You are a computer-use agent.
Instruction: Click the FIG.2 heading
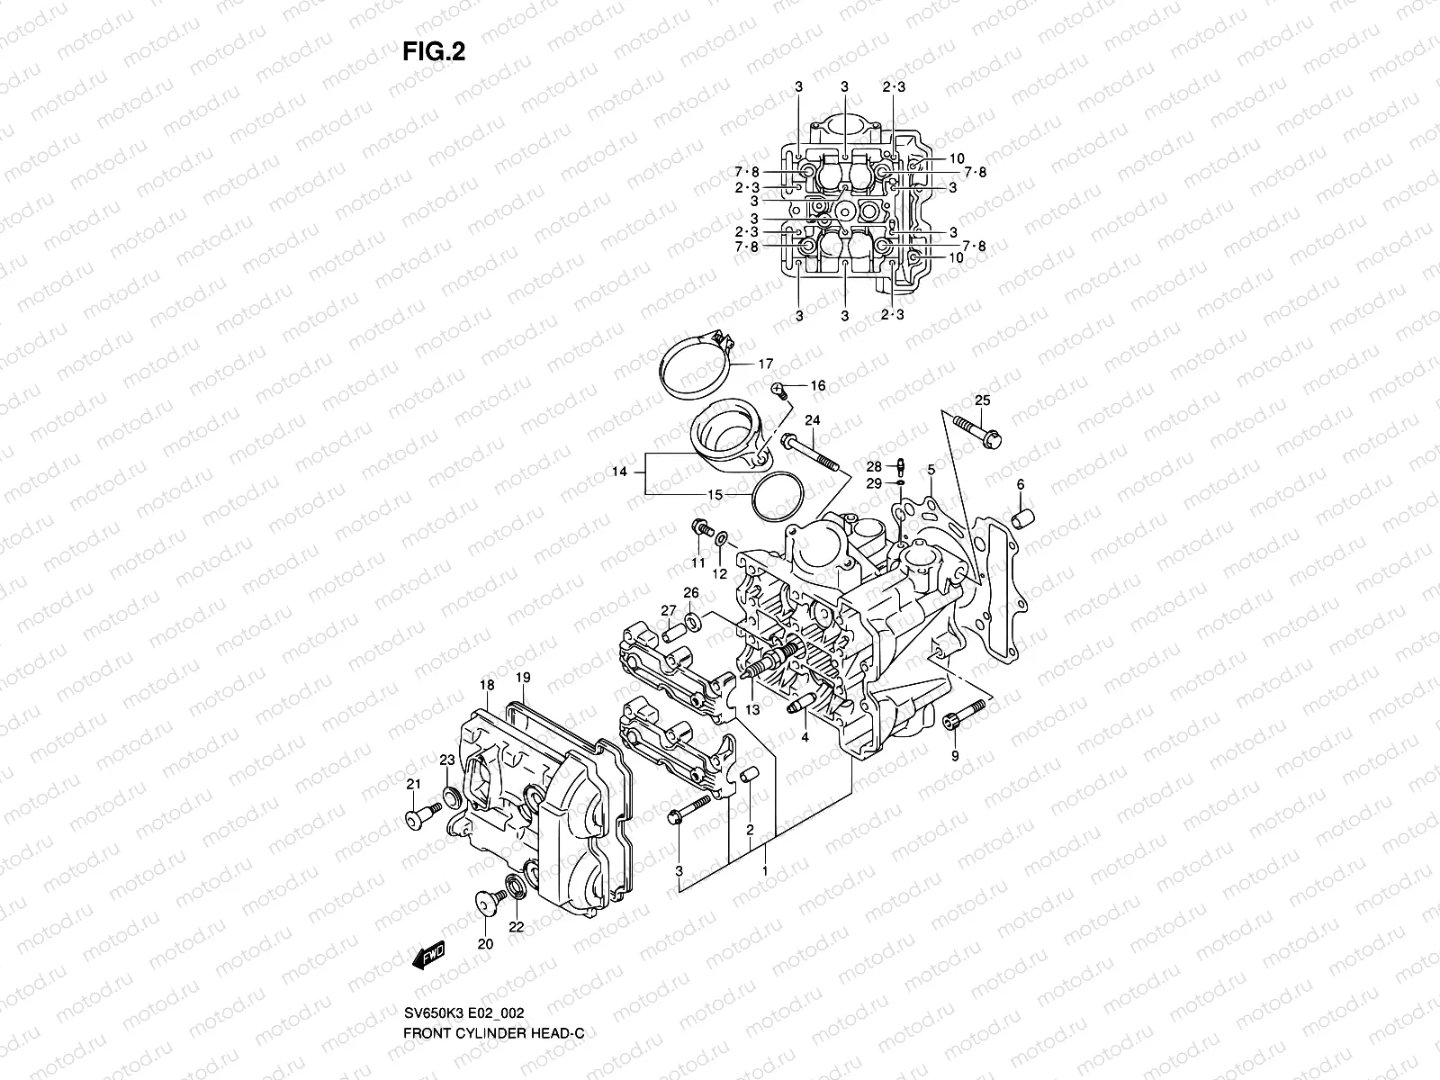(x=434, y=51)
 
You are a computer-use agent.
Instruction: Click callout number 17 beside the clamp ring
(x=765, y=364)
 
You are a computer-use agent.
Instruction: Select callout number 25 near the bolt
(x=982, y=400)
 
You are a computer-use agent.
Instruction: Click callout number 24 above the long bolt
(x=813, y=420)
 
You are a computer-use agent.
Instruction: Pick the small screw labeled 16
(x=778, y=390)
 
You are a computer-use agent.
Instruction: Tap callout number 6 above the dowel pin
(x=1021, y=485)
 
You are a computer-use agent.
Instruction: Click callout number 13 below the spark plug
(x=752, y=710)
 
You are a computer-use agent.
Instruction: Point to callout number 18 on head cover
(x=487, y=686)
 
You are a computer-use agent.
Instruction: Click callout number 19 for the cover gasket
(x=523, y=678)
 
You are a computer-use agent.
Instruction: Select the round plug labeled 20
(x=486, y=903)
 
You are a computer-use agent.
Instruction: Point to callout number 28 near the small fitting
(x=874, y=466)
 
